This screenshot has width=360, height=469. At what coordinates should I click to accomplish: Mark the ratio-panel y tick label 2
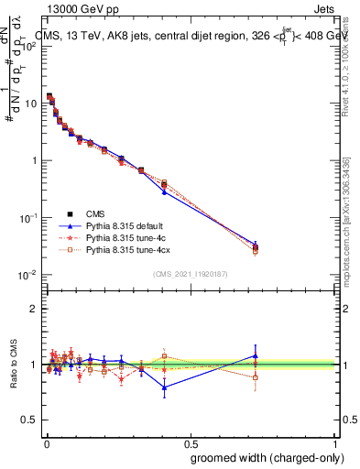(34, 309)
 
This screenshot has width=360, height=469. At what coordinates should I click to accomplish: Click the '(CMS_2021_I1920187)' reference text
(191, 274)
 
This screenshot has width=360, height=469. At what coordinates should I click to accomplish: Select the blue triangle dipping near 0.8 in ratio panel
(164, 387)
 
